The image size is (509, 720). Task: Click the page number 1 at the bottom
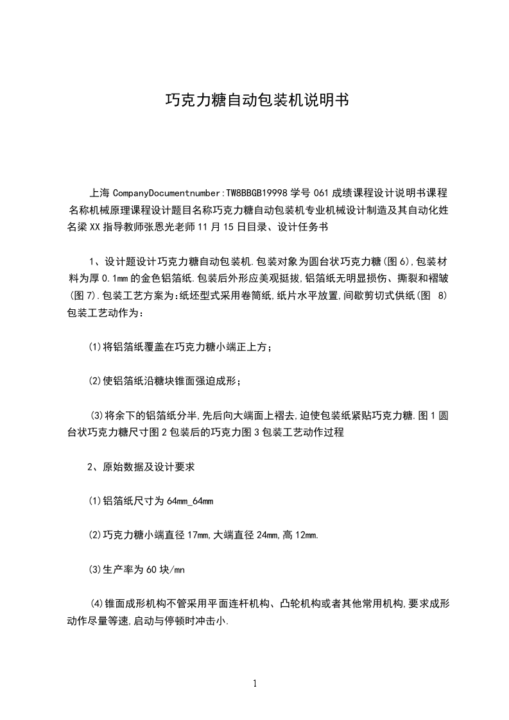click(x=255, y=683)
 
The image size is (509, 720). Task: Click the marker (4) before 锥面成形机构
click(x=97, y=603)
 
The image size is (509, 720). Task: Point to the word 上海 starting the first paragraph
click(x=99, y=193)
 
